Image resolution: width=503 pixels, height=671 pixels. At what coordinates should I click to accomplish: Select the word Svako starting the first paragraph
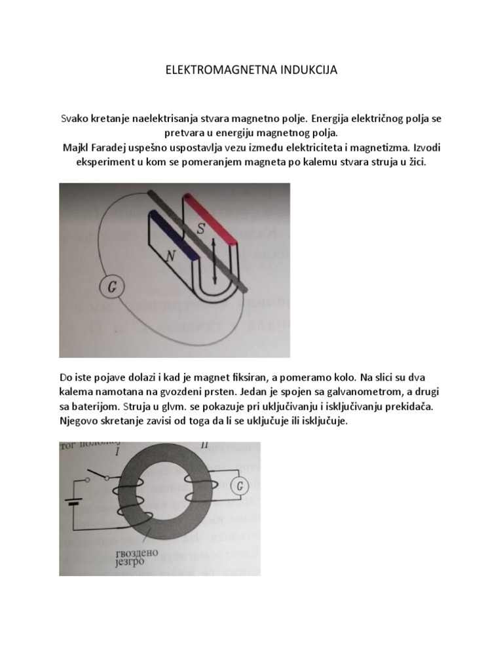(x=73, y=119)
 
